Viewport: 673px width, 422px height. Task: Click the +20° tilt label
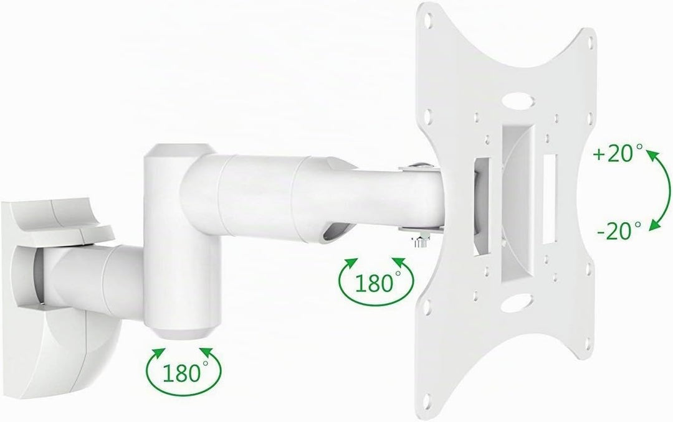tap(619, 153)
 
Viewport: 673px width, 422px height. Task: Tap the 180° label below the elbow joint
tap(183, 372)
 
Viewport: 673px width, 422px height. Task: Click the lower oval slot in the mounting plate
tap(517, 302)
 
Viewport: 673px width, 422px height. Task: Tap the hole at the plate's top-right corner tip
tap(591, 43)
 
